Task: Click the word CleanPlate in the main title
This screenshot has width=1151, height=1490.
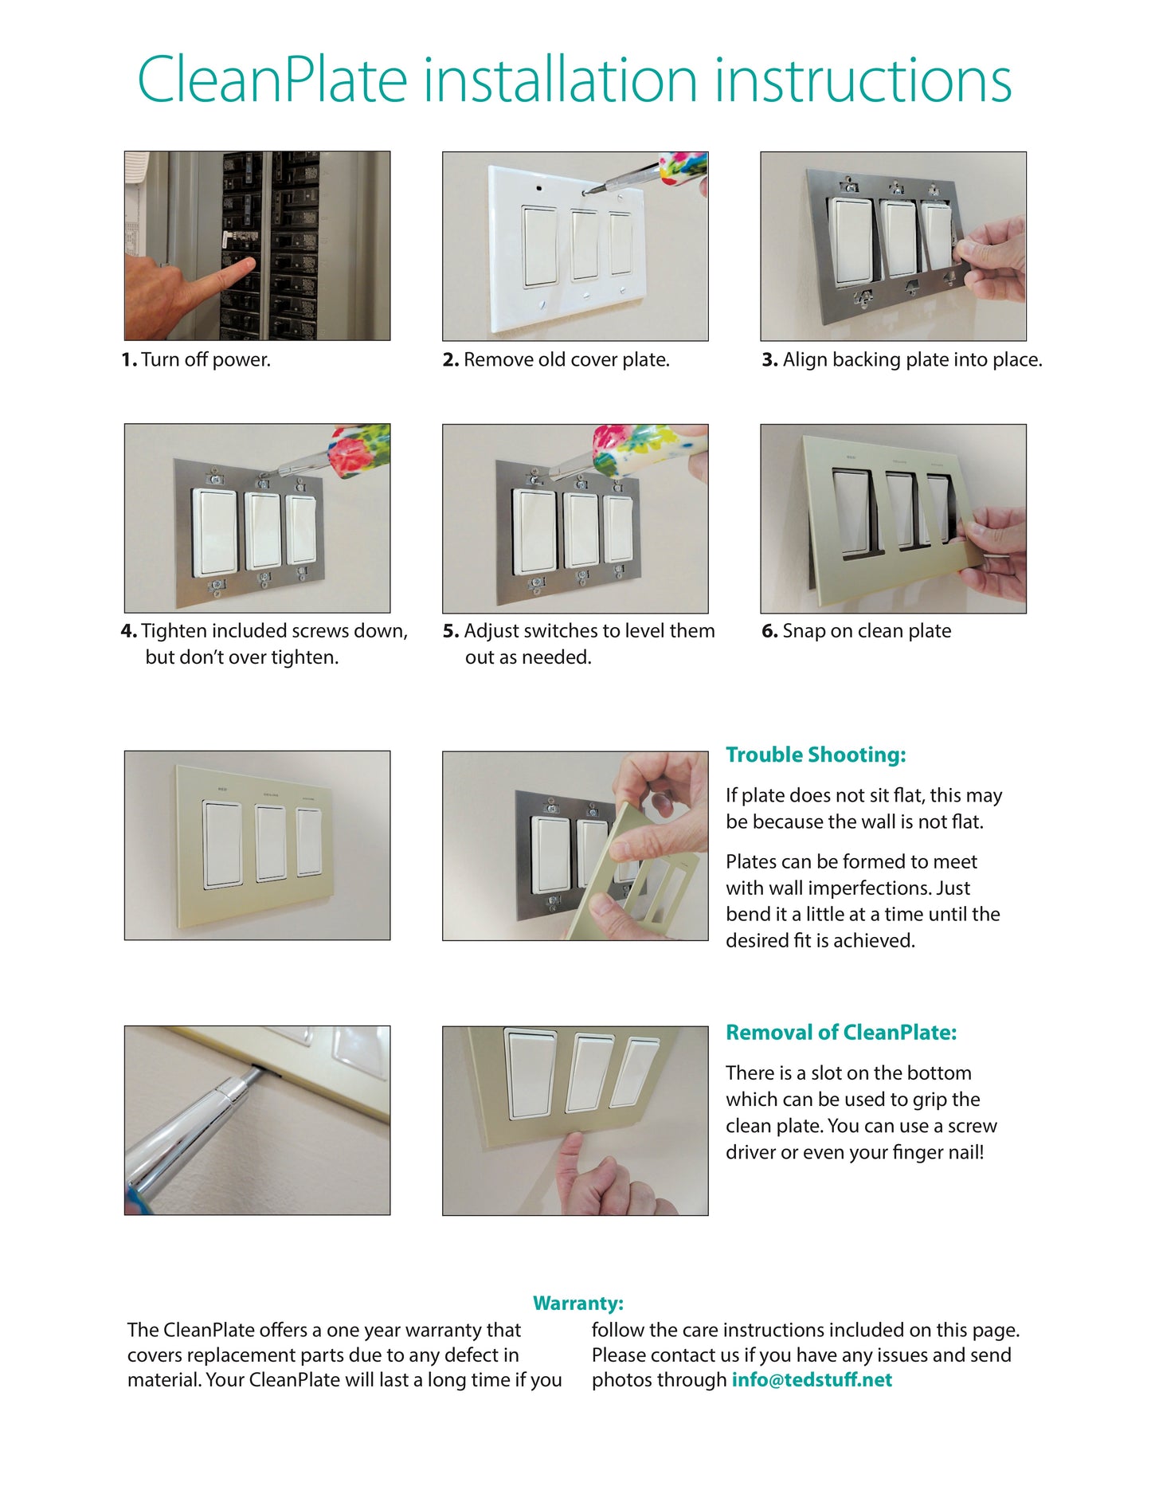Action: pos(272,80)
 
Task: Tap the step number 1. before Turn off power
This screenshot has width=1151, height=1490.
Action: pos(129,360)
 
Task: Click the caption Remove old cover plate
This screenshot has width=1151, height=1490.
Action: pos(566,360)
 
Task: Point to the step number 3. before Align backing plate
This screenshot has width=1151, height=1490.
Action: pos(769,360)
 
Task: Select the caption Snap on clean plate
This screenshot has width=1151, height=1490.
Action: pos(867,631)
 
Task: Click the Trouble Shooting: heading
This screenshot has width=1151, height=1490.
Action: pos(816,755)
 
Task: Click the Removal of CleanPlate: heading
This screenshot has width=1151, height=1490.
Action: pos(841,1033)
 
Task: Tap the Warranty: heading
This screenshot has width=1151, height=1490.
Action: pos(578,1304)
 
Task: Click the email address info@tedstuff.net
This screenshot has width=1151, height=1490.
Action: pos(812,1380)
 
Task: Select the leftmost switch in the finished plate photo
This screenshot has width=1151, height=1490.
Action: pos(222,844)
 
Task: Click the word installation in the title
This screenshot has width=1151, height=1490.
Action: pos(561,80)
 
